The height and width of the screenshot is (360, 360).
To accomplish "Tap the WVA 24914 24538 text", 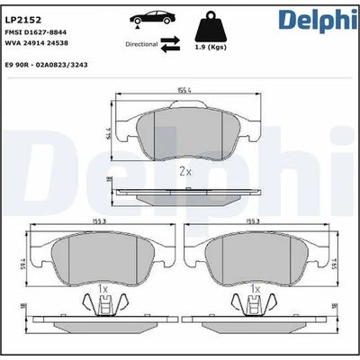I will (44, 41).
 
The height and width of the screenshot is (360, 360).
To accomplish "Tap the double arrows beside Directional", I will (172, 43).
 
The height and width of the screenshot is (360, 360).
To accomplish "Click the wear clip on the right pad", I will (258, 307).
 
